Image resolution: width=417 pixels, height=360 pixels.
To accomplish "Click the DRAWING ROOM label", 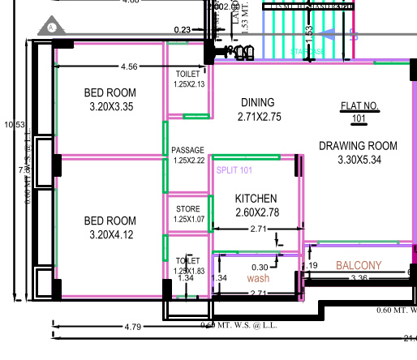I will [x=358, y=146].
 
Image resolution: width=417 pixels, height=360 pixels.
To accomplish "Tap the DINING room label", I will [x=258, y=102].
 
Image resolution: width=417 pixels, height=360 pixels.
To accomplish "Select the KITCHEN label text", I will [x=256, y=199].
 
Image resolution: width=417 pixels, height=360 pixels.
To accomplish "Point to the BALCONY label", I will [x=359, y=265].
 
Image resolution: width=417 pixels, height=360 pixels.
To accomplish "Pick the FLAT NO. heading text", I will [x=358, y=105].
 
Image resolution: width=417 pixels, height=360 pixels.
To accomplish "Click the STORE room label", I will [x=188, y=209].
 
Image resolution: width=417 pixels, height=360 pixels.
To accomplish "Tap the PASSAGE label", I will [x=188, y=150].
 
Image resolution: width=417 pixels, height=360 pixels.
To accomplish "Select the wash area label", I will [x=258, y=278].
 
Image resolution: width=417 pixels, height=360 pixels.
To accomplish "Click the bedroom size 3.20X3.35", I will [x=110, y=107].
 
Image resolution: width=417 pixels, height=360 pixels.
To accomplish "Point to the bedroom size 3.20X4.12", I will [x=110, y=235].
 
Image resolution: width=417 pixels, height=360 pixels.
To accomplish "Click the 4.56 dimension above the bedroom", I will [x=128, y=66].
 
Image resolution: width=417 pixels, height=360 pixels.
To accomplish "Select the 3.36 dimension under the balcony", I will [x=358, y=279].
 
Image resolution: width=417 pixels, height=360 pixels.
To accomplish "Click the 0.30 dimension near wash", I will [x=260, y=267].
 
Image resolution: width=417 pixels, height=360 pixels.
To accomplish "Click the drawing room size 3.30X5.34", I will [x=358, y=160].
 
